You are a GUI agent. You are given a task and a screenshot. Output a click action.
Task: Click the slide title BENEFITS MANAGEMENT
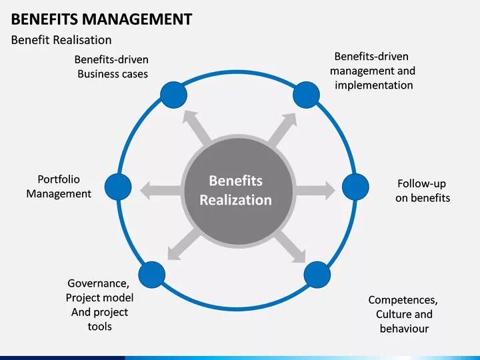coord(101,19)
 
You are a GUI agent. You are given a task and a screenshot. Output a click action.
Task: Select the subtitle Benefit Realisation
coord(61,40)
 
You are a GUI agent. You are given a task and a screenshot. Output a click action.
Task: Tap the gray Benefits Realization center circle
coord(236,190)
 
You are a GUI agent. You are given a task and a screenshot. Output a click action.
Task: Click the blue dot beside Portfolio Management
coord(119,186)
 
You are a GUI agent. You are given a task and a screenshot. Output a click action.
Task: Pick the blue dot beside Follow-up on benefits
coord(355,186)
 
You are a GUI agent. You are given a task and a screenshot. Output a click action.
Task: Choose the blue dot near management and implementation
coord(306,94)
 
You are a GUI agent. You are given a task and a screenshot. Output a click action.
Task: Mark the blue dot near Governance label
coord(152,274)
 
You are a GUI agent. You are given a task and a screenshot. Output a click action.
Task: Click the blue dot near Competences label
coord(317,274)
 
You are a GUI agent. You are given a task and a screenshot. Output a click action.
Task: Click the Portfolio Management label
coord(59,187)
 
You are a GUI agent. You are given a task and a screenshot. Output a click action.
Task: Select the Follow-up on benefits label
coord(422,191)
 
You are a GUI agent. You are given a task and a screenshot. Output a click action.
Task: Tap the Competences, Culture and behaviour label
coord(403,314)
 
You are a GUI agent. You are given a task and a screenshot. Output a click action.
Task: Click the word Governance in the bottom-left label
coord(98,283)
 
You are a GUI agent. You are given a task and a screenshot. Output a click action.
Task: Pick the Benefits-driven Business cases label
coord(112,67)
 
